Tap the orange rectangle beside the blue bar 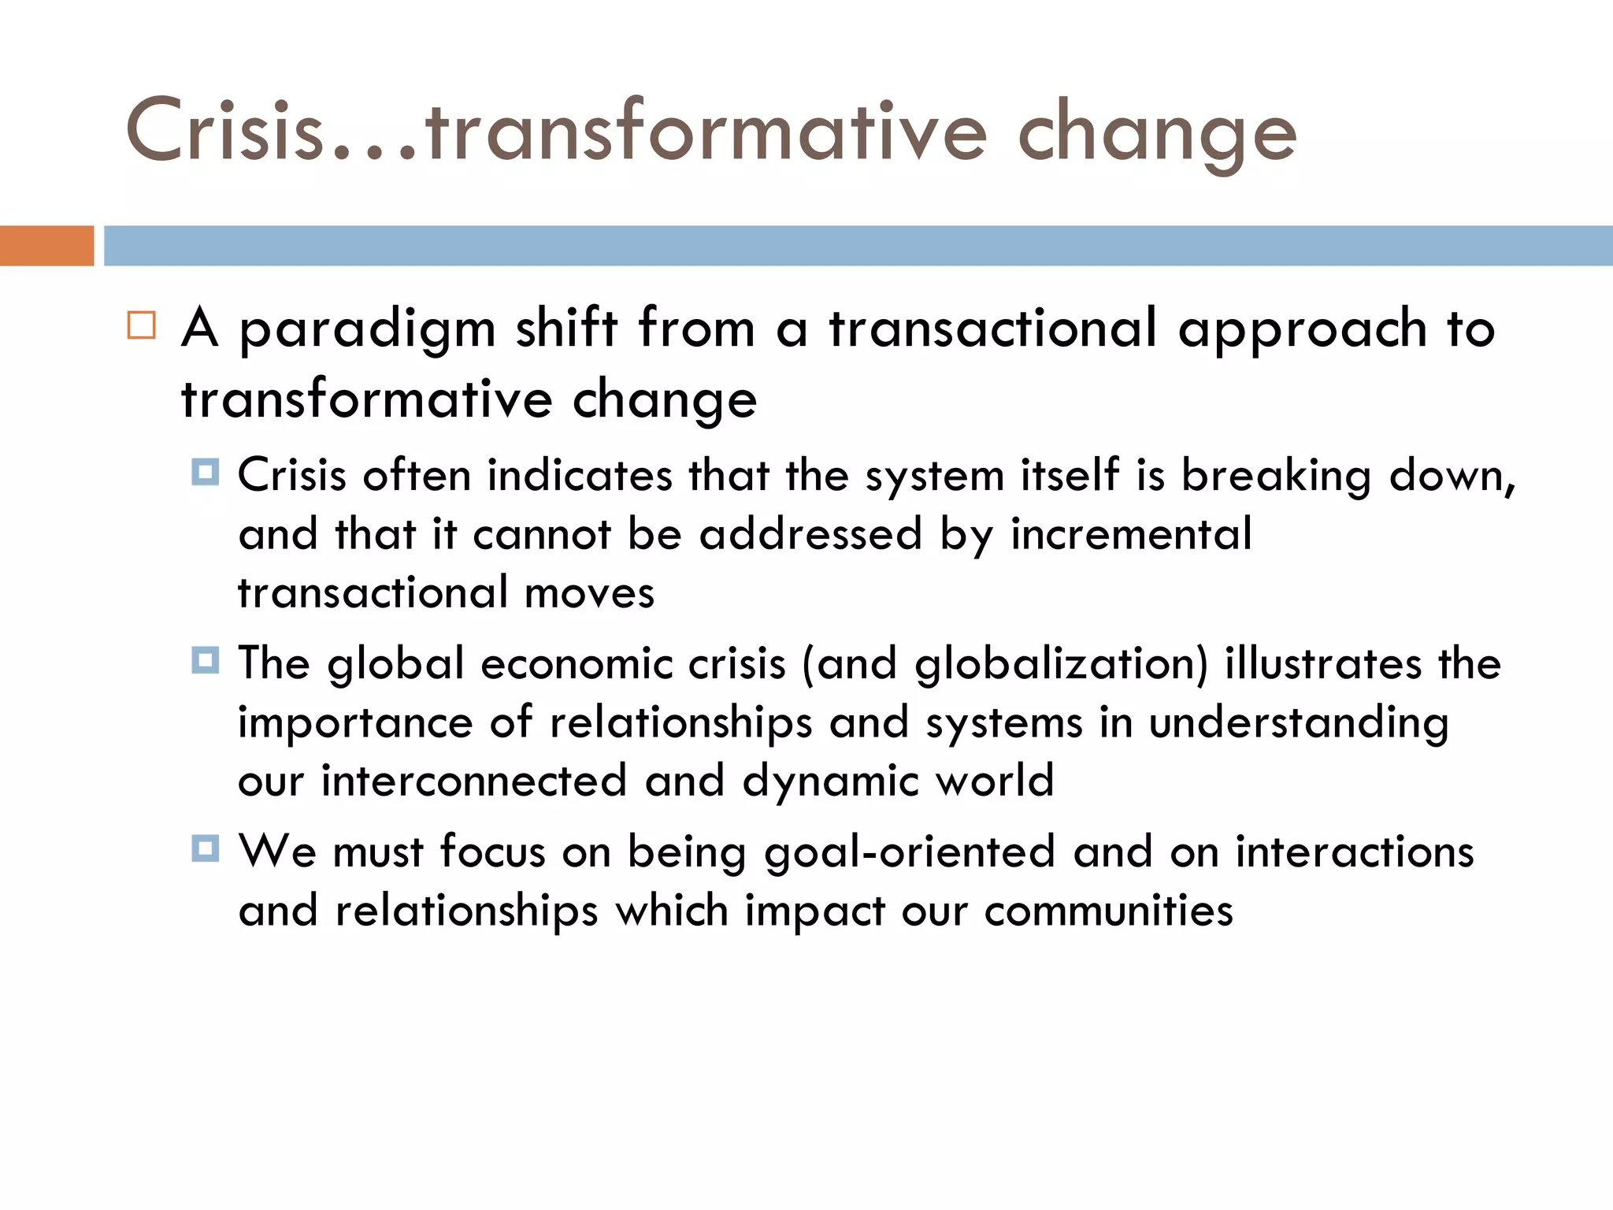click(x=46, y=246)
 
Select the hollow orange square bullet click(x=142, y=325)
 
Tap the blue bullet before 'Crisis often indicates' click(x=206, y=473)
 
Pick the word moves click(x=589, y=593)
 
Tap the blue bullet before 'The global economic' click(x=206, y=660)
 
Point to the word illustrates click(x=1322, y=663)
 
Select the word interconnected click(x=474, y=781)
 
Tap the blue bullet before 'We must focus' click(x=206, y=848)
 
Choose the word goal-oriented click(x=910, y=853)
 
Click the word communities click(x=1108, y=911)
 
